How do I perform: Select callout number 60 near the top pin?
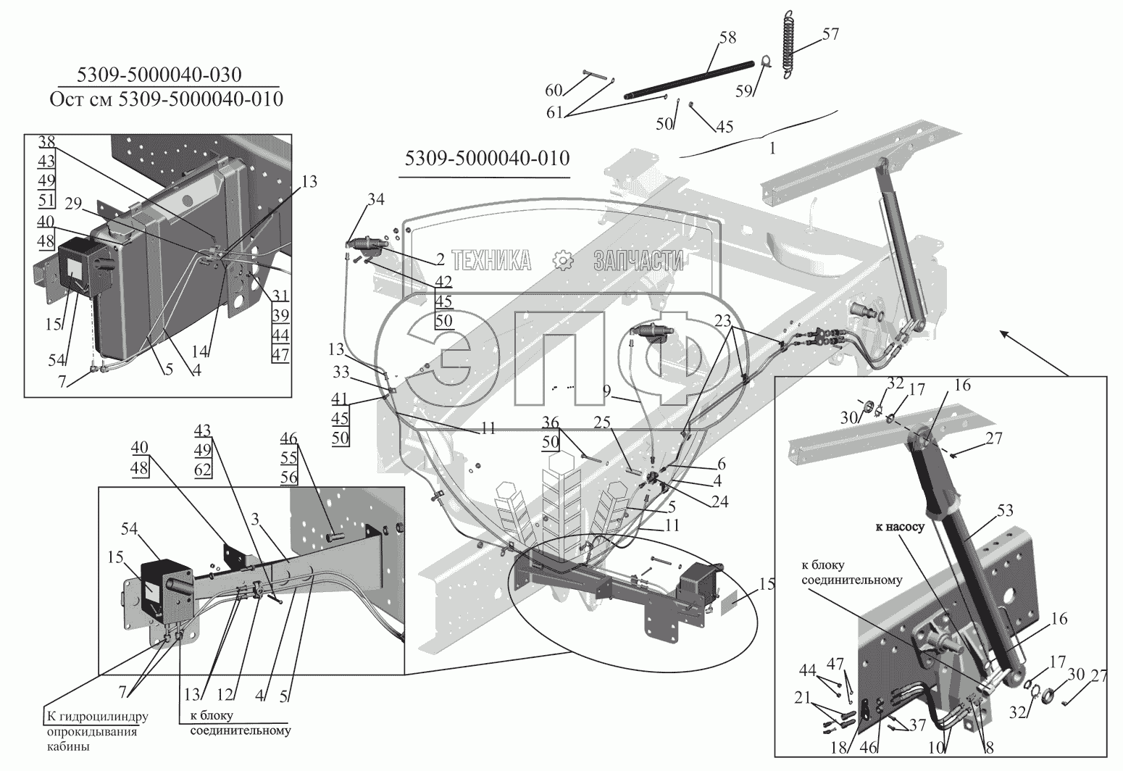554,90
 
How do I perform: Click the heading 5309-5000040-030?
159,75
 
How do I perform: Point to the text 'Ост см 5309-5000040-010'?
166,99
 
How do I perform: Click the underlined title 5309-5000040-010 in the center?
483,159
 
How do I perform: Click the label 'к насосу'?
900,528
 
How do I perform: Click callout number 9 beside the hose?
607,388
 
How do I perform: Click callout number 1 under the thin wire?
772,149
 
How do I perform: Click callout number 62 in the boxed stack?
202,469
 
